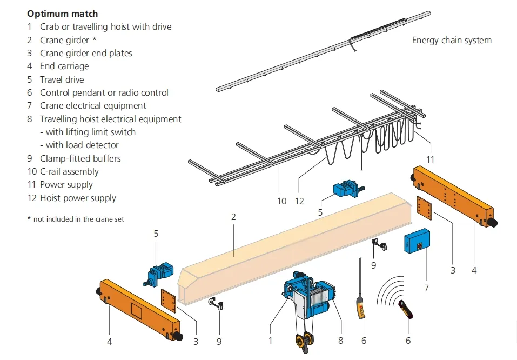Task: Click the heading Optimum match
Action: coord(63,13)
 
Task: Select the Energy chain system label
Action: coord(452,40)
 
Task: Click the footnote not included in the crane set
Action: coord(76,219)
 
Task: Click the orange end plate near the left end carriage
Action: coord(170,301)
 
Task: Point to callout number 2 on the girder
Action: coord(233,217)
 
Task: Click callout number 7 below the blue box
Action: coord(426,288)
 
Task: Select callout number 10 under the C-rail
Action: coord(281,201)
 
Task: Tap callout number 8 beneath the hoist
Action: coord(340,341)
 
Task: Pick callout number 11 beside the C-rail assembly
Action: coord(430,159)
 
